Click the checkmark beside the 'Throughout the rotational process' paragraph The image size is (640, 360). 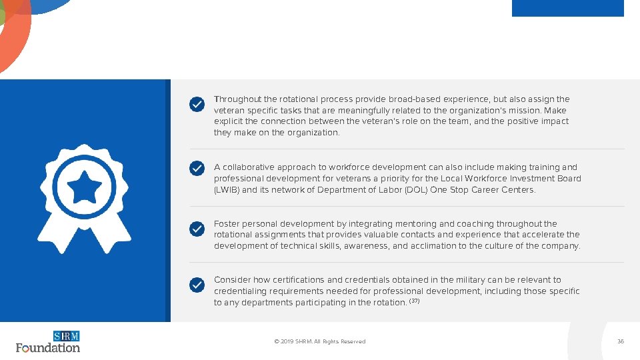pos(197,105)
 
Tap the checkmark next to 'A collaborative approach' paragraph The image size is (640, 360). pos(197,168)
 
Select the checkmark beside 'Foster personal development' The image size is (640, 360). pos(197,229)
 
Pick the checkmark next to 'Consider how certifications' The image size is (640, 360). pos(197,285)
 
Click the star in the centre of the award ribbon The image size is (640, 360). pos(84,189)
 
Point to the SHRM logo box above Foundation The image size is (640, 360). pos(67,336)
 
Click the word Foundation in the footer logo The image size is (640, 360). pos(48,347)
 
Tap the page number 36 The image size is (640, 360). pos(621,341)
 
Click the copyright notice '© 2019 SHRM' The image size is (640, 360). pos(319,341)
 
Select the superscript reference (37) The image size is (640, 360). pos(414,301)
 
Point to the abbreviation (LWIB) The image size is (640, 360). pos(226,190)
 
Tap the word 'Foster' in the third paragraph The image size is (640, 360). pos(225,224)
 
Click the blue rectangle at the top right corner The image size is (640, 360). pos(567,8)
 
